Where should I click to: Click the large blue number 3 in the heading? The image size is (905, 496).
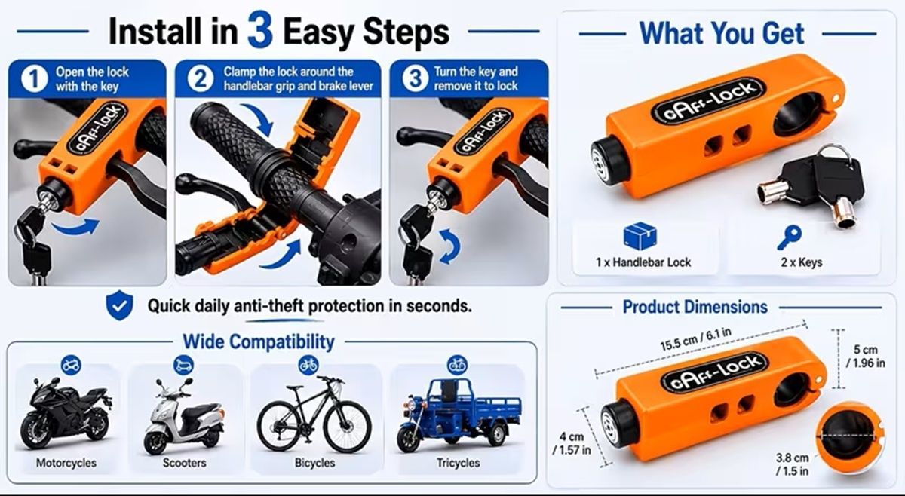pyautogui.click(x=260, y=30)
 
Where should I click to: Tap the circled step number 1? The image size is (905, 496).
pyautogui.click(x=34, y=79)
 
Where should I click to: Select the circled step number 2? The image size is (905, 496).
pyautogui.click(x=201, y=78)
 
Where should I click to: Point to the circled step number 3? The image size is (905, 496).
pyautogui.click(x=415, y=78)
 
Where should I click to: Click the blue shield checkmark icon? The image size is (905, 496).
pyautogui.click(x=120, y=305)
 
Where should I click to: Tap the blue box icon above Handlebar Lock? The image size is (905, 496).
pyautogui.click(x=640, y=236)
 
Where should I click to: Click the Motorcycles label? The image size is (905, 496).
pyautogui.click(x=66, y=463)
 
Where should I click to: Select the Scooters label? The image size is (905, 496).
pyautogui.click(x=184, y=463)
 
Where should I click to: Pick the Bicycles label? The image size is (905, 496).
pyautogui.click(x=314, y=463)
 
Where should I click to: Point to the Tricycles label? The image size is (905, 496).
pyautogui.click(x=459, y=463)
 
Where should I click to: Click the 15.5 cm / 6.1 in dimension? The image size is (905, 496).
pyautogui.click(x=695, y=339)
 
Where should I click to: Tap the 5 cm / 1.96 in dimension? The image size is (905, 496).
pyautogui.click(x=866, y=356)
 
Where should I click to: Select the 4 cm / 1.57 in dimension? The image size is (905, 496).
pyautogui.click(x=572, y=442)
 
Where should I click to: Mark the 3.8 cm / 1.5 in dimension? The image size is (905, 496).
pyautogui.click(x=793, y=464)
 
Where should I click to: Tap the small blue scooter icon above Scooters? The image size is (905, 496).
pyautogui.click(x=183, y=366)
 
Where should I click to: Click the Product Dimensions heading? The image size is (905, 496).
pyautogui.click(x=695, y=307)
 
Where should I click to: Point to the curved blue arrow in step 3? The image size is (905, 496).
pyautogui.click(x=449, y=246)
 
